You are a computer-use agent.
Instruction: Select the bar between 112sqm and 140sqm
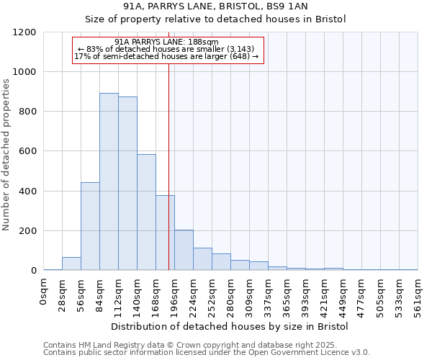coord(127,184)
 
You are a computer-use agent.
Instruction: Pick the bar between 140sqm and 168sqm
coord(146,212)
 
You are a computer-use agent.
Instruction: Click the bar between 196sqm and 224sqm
coord(184,251)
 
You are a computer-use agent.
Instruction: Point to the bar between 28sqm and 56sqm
coord(71,264)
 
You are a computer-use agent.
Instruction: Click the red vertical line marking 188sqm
coord(168,144)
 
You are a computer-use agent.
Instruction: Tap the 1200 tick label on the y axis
coord(24,32)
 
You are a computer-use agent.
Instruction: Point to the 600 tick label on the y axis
coord(27,152)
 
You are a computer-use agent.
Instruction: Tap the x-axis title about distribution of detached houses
coord(230,326)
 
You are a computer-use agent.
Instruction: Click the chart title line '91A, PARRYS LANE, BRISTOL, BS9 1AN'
coord(215,6)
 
